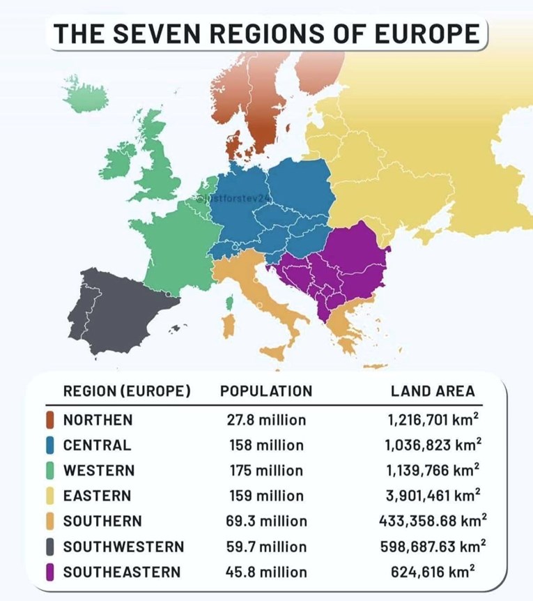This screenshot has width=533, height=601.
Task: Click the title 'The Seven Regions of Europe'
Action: tap(267, 33)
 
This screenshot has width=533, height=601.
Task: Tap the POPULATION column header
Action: tap(266, 391)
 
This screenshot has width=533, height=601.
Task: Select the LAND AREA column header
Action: tap(433, 391)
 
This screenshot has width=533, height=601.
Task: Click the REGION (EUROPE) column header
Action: tap(127, 391)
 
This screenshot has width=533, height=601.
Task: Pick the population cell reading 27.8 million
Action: tap(266, 420)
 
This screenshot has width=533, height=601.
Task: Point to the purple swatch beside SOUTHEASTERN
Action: tap(50, 572)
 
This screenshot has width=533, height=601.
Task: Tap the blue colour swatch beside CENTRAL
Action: tap(50, 445)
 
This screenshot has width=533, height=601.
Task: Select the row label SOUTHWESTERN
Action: tap(123, 547)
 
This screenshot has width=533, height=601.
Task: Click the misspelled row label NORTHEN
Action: tap(98, 420)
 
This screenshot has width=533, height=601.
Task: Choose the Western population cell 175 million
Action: tap(266, 471)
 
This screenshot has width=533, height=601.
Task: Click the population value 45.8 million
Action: tap(266, 572)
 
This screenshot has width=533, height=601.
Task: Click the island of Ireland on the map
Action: tap(117, 160)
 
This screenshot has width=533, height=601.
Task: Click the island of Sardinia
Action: tap(228, 326)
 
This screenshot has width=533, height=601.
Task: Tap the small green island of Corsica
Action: tap(229, 303)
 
